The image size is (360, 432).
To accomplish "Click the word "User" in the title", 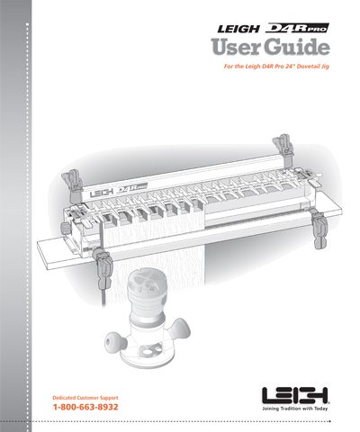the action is click(235, 48).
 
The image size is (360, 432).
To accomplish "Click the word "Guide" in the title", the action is click(296, 48).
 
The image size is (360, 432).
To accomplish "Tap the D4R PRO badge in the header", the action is click(297, 28).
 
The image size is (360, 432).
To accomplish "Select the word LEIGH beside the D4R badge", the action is click(238, 29).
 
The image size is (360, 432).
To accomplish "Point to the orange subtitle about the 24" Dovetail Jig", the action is click(276, 67).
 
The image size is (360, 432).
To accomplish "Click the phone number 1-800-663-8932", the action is click(85, 407).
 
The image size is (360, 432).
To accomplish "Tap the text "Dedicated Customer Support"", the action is click(85, 398).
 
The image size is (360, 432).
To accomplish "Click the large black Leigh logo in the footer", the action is click(296, 396).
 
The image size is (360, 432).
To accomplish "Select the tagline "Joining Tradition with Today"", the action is click(295, 409).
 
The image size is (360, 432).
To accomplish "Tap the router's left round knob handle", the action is click(116, 342).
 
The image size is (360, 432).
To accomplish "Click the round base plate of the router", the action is click(147, 355).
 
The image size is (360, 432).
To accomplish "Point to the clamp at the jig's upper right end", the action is click(283, 149).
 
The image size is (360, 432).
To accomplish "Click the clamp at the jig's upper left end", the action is click(73, 185).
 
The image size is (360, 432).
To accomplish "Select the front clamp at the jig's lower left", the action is click(103, 265).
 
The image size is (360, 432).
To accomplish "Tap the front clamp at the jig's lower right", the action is click(319, 229).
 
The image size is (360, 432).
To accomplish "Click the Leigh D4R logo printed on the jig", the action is click(118, 191).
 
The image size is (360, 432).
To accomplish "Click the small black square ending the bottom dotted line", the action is click(329, 421).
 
